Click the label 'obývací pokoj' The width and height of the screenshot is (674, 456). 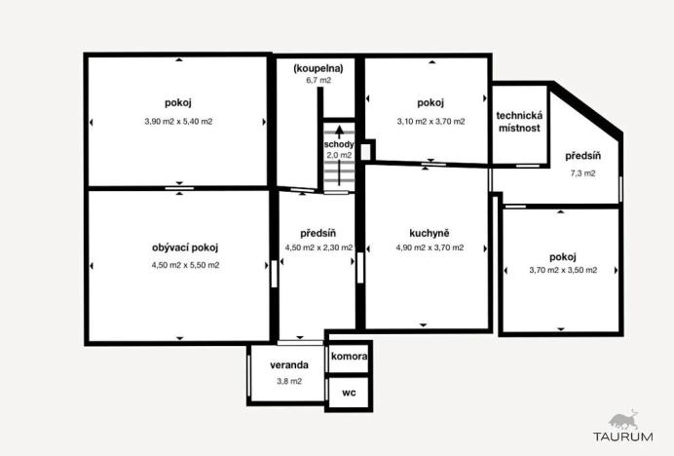(x=185, y=247)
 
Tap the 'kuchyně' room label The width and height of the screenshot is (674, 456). (x=429, y=233)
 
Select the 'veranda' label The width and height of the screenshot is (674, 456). (x=290, y=365)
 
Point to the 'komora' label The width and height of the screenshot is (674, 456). (x=349, y=357)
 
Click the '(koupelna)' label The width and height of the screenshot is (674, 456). (x=318, y=68)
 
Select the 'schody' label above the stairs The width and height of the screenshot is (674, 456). (x=338, y=144)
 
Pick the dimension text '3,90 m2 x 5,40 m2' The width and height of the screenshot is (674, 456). (x=177, y=122)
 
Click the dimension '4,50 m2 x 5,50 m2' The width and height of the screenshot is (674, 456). (x=185, y=265)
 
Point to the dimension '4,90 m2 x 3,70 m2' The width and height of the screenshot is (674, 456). (x=429, y=248)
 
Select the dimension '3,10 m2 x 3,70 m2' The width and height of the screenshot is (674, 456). (x=431, y=122)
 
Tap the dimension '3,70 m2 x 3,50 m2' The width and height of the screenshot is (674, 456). (x=563, y=271)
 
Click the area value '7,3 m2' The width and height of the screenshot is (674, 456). (x=582, y=172)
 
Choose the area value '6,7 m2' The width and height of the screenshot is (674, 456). (x=318, y=81)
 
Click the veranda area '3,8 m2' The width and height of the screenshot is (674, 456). (x=289, y=381)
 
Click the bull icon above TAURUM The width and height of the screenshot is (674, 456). (x=624, y=419)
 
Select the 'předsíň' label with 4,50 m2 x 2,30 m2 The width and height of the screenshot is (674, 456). (x=318, y=233)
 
